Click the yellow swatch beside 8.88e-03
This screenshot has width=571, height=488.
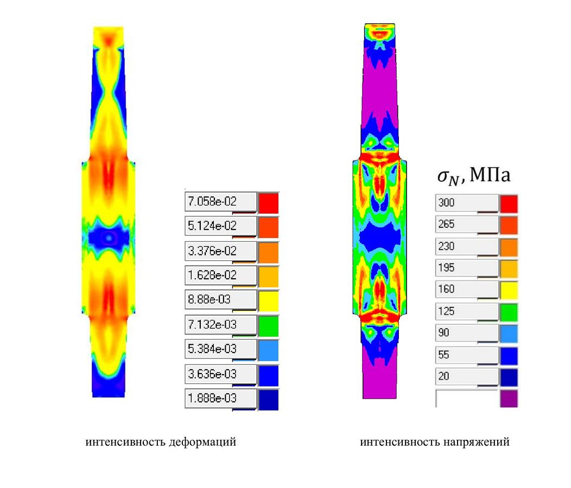coord(269,301)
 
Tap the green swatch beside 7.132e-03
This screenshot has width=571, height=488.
coord(269,326)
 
